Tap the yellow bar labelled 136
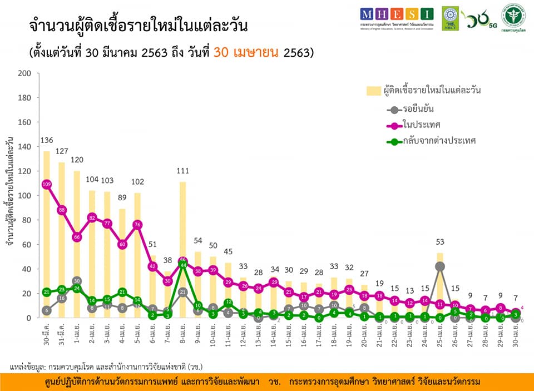pos(47,234)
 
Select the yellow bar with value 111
pos(182,250)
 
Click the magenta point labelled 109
pos(47,184)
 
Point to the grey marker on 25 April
pos(440,266)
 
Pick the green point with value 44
pos(182,265)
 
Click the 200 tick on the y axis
pos(24,73)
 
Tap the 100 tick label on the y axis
pos(24,196)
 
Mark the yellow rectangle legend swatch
pos(374,90)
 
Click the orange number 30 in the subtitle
pos(221,53)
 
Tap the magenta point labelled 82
pos(92,217)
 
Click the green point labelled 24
pos(77,288)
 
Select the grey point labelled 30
pos(77,281)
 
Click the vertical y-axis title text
pos(9,195)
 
